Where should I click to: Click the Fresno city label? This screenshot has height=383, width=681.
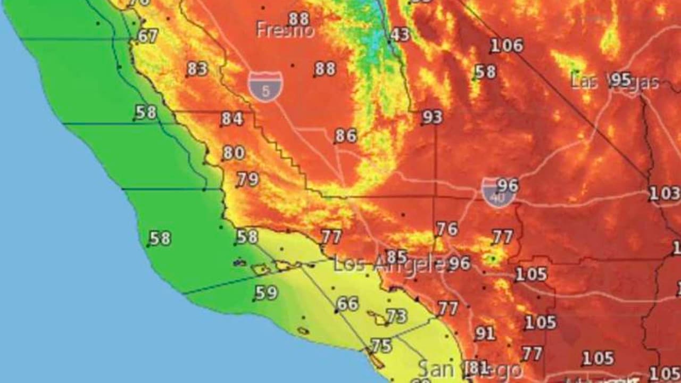pos(285,30)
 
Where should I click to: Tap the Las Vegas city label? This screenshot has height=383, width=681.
pos(614,81)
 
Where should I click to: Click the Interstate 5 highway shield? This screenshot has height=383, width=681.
pos(265,86)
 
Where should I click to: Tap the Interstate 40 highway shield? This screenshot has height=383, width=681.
pos(498,193)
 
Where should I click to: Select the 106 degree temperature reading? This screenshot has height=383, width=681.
pos(506,46)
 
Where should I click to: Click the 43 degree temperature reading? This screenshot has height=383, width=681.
pos(400,35)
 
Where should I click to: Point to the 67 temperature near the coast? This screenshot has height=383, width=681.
pos(147,36)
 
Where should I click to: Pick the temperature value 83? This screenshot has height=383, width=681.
pos(197,69)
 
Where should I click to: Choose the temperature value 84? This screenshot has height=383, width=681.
pos(232,119)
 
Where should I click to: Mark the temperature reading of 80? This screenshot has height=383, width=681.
pos(234,153)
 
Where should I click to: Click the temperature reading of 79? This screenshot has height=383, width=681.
pos(248,179)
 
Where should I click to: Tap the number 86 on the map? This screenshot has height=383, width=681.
pos(346,136)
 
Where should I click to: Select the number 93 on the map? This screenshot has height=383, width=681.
pos(432,117)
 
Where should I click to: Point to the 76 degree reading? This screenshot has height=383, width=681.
pos(447,229)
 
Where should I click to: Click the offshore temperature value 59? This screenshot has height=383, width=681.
pos(266,293)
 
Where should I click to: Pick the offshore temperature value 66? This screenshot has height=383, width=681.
pos(347,304)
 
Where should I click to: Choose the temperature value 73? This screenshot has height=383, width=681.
pos(396,316)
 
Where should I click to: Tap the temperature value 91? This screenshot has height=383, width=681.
pos(485,334)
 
